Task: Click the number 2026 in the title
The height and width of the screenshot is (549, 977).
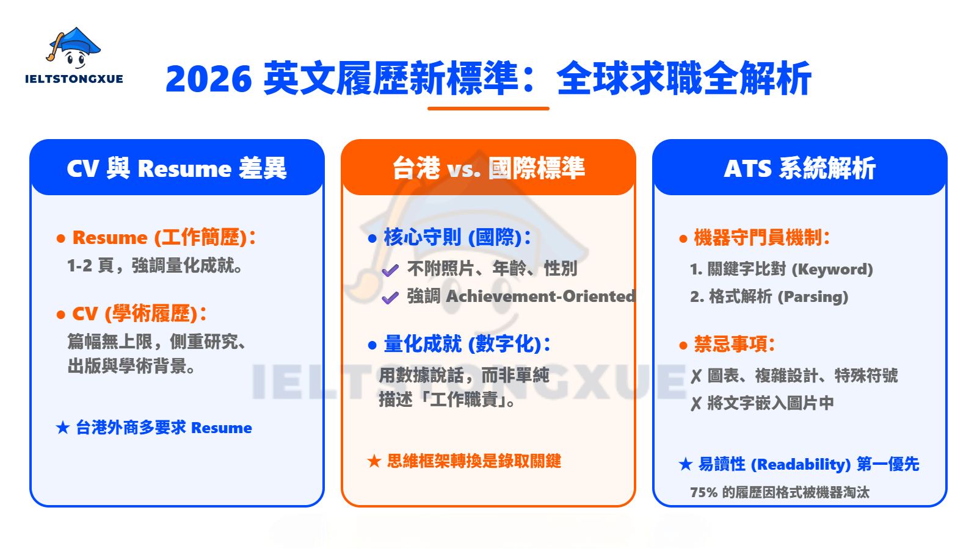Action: (x=208, y=79)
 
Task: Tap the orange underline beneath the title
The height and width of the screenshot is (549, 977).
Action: (x=488, y=109)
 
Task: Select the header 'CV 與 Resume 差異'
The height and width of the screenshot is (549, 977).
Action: (x=176, y=168)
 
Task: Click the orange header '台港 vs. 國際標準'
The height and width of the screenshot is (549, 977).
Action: (x=488, y=168)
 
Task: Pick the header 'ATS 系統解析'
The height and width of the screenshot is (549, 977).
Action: (x=799, y=168)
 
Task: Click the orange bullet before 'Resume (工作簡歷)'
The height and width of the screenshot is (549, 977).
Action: (x=61, y=239)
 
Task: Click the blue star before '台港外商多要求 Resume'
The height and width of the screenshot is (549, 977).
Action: (x=63, y=428)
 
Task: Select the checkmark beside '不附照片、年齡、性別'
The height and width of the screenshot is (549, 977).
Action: (x=390, y=271)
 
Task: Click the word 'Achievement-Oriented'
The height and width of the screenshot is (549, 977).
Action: (x=541, y=296)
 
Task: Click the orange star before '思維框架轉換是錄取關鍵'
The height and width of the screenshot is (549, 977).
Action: (x=374, y=461)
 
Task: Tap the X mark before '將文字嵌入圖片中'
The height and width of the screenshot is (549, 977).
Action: (x=696, y=404)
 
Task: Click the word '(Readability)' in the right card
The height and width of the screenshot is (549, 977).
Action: (x=801, y=464)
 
